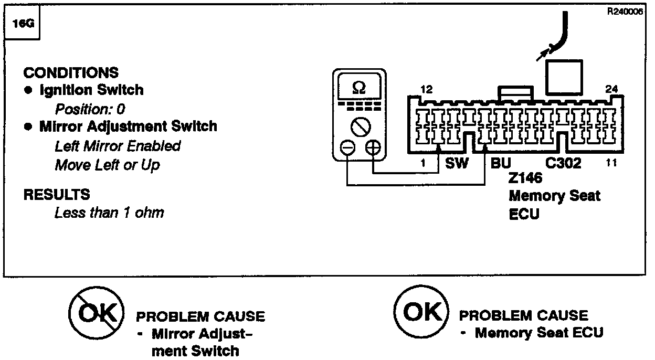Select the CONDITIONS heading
pyautogui.click(x=71, y=72)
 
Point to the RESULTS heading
pyautogui.click(x=57, y=195)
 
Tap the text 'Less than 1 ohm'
pyautogui.click(x=109, y=213)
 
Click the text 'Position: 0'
pyautogui.click(x=90, y=109)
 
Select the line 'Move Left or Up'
pyautogui.click(x=107, y=165)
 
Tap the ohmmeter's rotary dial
pyautogui.click(x=360, y=125)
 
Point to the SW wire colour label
pyautogui.click(x=457, y=163)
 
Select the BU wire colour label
pyautogui.click(x=501, y=163)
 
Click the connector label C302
pyautogui.click(x=563, y=163)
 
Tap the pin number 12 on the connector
pyautogui.click(x=427, y=90)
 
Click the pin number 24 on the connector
pyautogui.click(x=611, y=89)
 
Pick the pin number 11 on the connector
pyautogui.click(x=610, y=163)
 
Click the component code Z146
pyautogui.click(x=525, y=178)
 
